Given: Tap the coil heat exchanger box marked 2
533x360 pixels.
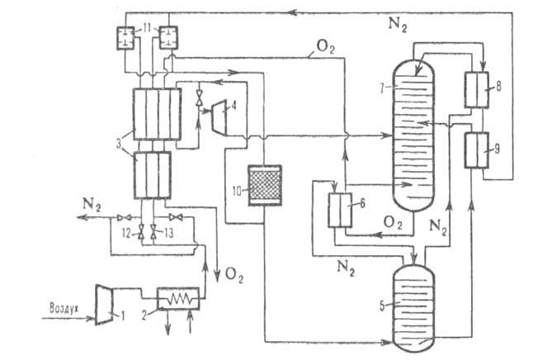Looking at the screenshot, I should (182, 298).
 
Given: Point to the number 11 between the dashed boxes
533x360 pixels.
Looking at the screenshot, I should (147, 30).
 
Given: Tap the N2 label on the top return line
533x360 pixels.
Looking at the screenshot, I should (397, 24).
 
